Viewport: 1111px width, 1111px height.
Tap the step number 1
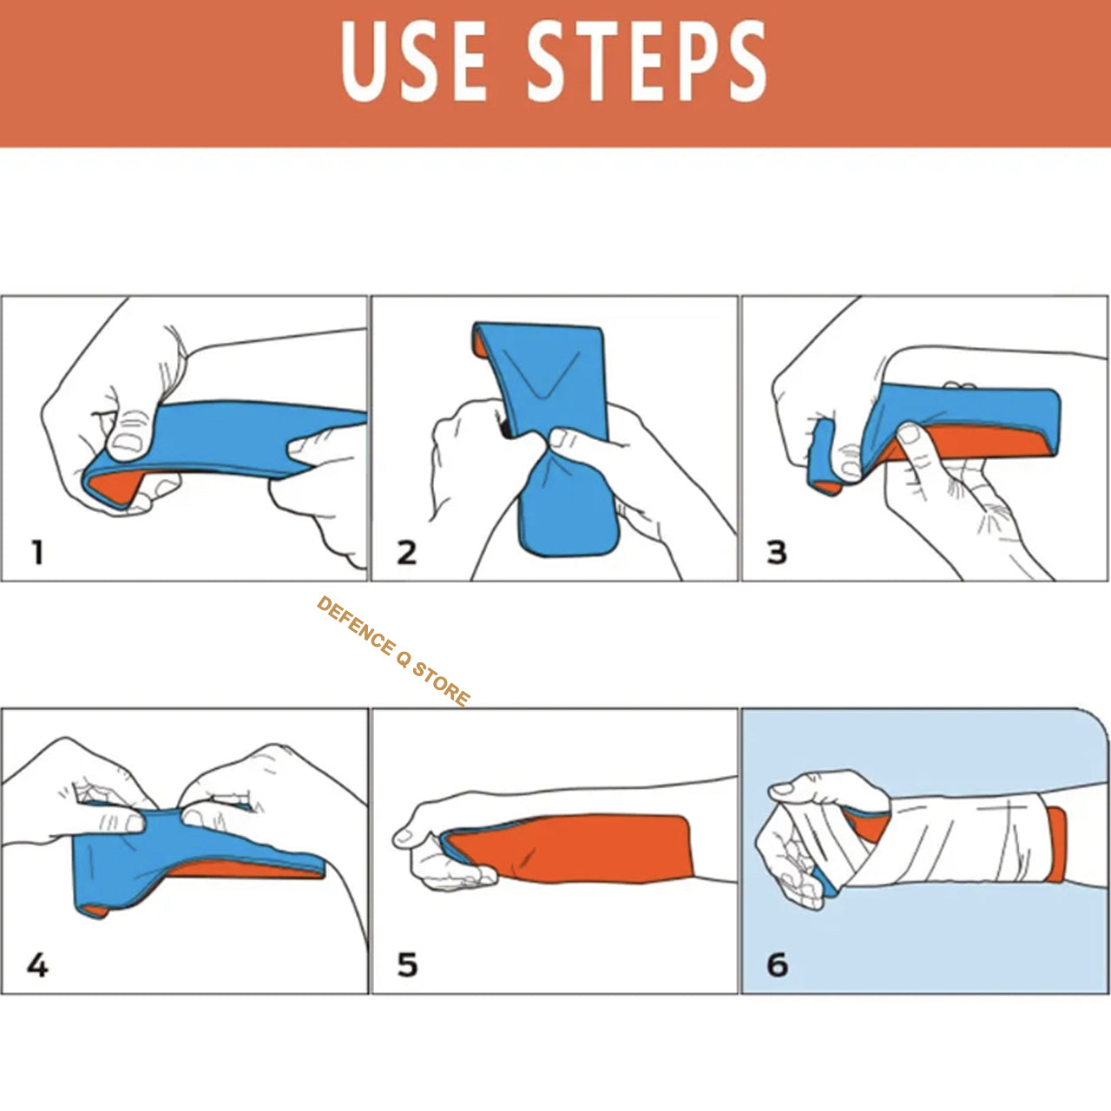coord(36,552)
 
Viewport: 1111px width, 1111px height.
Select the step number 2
coord(406,552)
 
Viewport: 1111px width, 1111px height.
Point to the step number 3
coord(777,552)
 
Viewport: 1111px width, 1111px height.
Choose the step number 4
coord(37,964)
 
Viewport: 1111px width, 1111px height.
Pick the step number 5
coord(407,964)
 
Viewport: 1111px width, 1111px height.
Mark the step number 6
coord(777,964)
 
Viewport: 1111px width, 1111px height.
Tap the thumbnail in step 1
coord(128,444)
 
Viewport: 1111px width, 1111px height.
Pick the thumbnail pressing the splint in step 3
coord(909,432)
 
